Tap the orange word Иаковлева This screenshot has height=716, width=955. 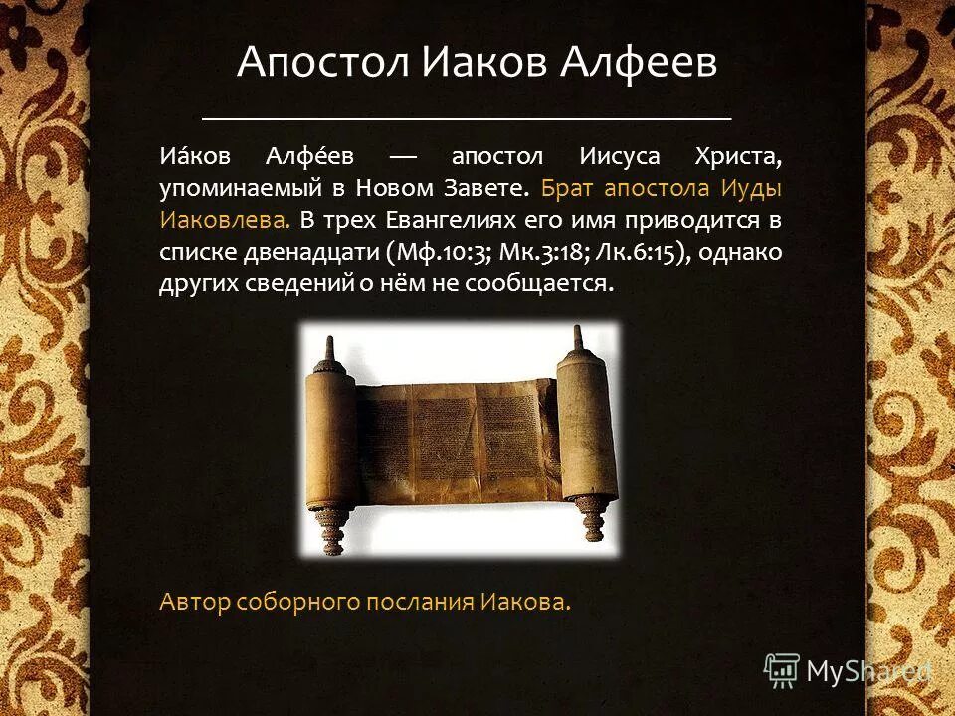pos(224,220)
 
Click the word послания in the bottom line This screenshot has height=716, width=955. pos(423,602)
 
